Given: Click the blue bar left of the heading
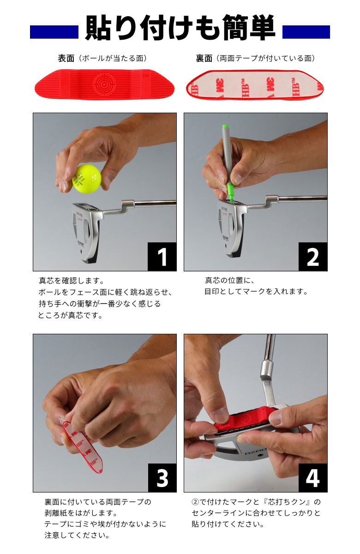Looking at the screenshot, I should click(54, 32).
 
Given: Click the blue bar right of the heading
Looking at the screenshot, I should click(306, 32).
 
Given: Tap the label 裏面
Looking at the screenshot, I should click(204, 59).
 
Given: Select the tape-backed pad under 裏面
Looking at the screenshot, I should click(254, 84).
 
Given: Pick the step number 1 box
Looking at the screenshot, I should click(162, 256).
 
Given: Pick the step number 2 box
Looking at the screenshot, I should click(312, 256).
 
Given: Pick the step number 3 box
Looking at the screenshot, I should click(162, 477).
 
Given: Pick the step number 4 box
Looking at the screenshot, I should click(312, 477).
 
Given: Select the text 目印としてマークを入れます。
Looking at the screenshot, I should click(256, 292).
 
